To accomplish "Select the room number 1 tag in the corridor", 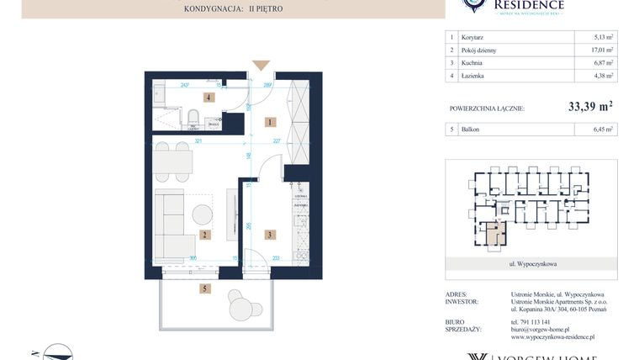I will [269, 122].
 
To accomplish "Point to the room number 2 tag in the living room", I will [203, 236].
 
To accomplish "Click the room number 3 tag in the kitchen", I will [269, 236].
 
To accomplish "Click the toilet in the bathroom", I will [193, 117].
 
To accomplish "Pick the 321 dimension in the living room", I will [200, 142].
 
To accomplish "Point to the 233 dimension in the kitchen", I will [277, 258].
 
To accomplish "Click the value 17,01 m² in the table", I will [602, 50].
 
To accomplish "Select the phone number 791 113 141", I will [531, 321].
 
